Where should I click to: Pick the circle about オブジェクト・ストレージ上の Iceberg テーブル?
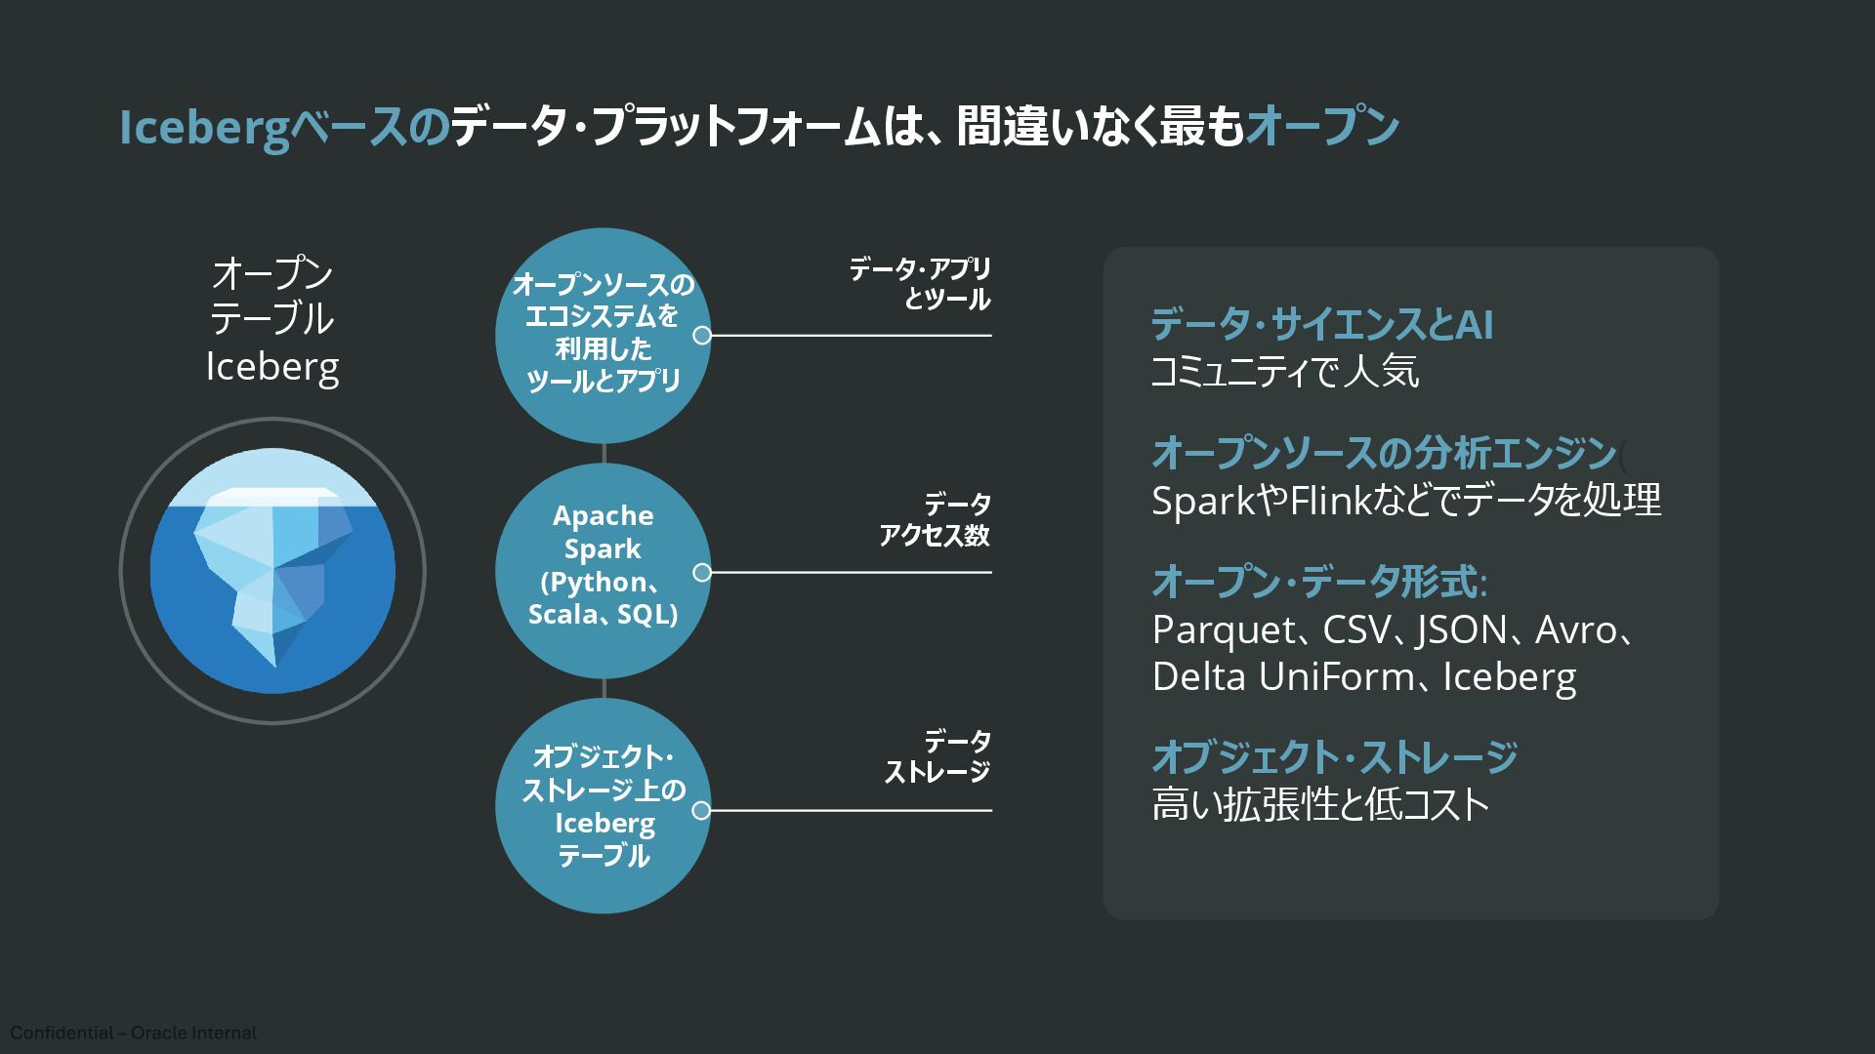(x=603, y=806)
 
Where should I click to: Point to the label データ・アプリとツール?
(x=919, y=283)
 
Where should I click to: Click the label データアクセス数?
(x=935, y=519)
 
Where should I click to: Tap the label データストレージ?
(x=937, y=756)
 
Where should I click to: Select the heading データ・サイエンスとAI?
(x=1321, y=324)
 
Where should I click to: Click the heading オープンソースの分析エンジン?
(x=1384, y=453)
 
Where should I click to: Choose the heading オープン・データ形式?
(x=1318, y=583)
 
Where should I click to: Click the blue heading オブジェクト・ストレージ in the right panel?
(x=1334, y=757)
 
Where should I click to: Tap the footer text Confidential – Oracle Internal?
(x=134, y=1033)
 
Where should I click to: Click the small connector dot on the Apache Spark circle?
(x=701, y=573)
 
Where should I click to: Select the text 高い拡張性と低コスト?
(x=1320, y=805)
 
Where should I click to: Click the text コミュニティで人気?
(x=1284, y=372)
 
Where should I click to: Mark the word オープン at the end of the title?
(x=1322, y=128)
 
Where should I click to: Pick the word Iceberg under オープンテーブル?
(x=272, y=367)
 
